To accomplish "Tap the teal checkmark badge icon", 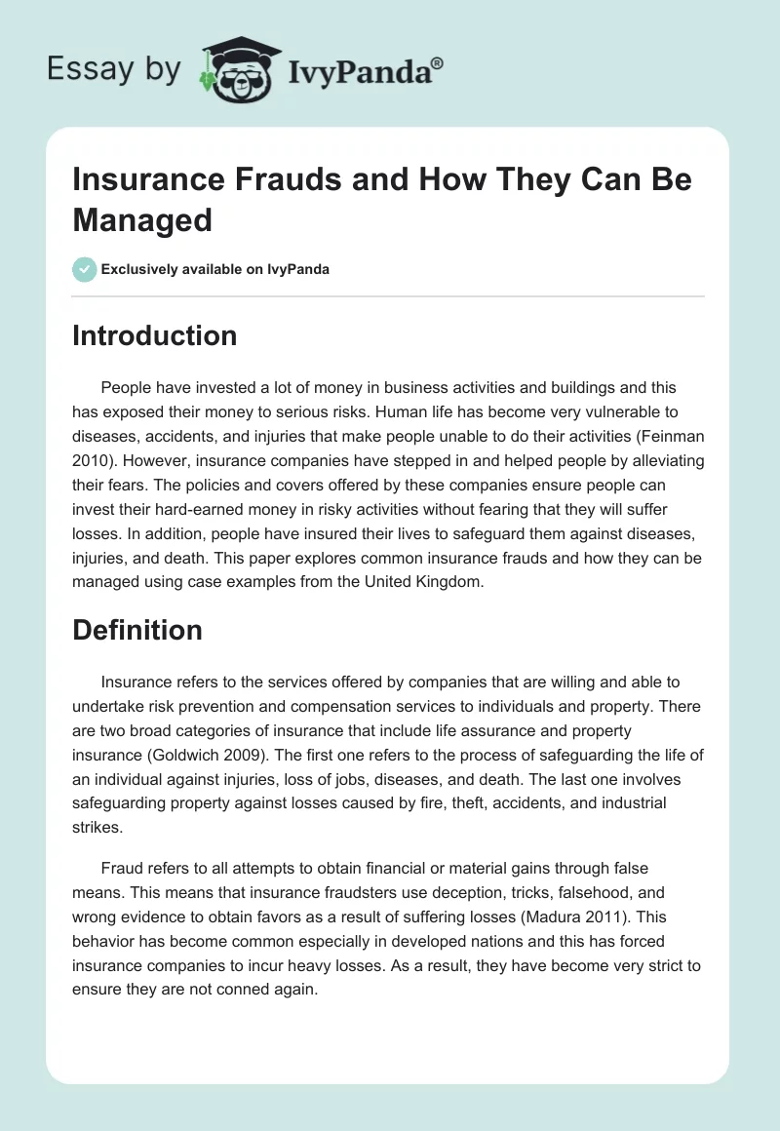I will pyautogui.click(x=85, y=269).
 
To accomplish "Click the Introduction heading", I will pyautogui.click(x=155, y=335).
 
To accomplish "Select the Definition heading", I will pyautogui.click(x=137, y=630).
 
